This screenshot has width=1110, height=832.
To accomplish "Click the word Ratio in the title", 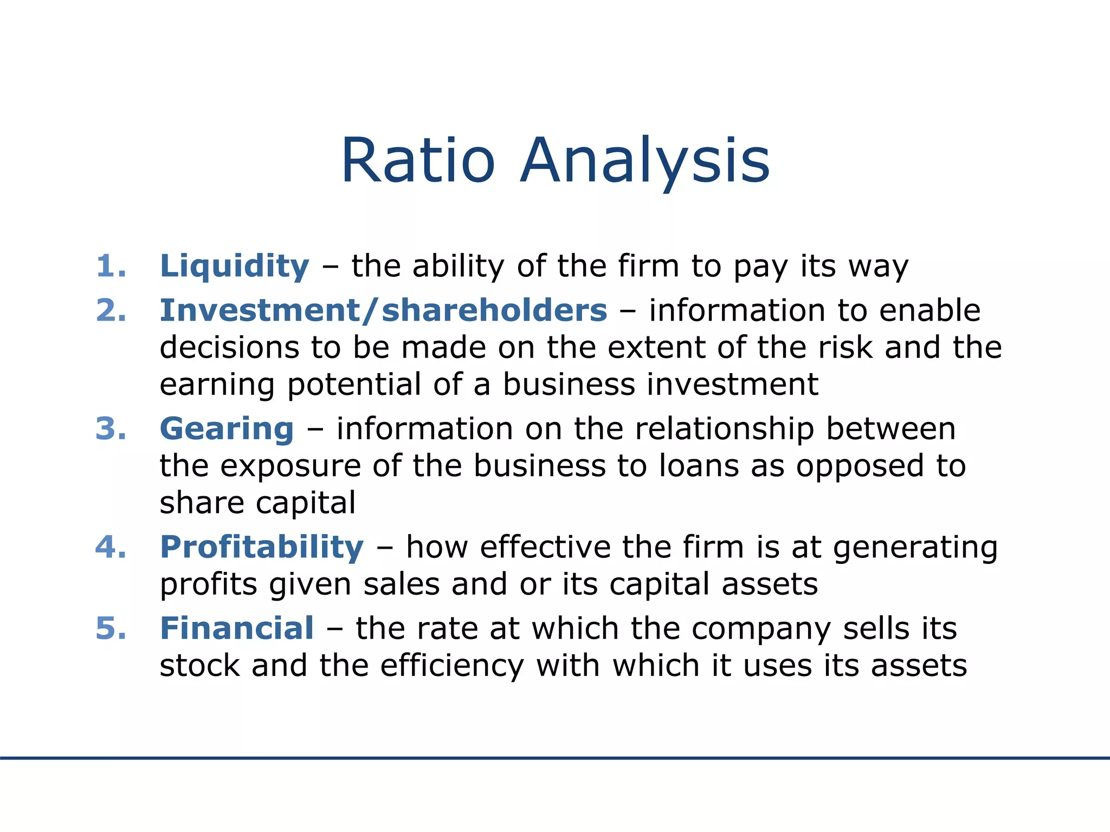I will tap(418, 161).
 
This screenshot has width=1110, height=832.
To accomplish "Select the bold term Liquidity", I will tap(235, 266).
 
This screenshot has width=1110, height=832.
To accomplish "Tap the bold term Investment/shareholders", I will tap(383, 310).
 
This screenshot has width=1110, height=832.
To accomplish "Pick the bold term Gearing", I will tap(227, 429).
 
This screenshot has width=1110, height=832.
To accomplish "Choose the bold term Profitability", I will tap(262, 547).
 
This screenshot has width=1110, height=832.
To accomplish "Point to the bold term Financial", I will tap(237, 628).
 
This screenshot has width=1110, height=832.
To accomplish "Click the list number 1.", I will tap(111, 266).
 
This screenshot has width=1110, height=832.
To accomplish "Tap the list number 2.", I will tap(111, 310).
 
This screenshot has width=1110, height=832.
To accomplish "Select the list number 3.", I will tap(111, 429).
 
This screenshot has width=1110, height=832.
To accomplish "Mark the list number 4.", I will tap(111, 547).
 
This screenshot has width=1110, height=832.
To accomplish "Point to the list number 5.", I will tap(111, 628).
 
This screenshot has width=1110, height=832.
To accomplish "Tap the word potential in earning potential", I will tap(354, 386).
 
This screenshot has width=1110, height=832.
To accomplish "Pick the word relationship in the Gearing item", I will tap(725, 429).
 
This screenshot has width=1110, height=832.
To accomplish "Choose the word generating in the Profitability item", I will tap(915, 548).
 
